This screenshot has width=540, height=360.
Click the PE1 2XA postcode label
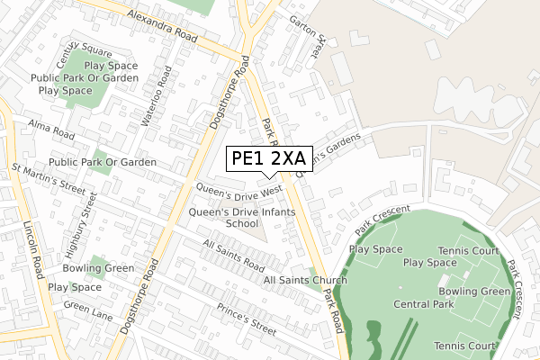[268, 159]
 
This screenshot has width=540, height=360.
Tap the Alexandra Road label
[162, 25]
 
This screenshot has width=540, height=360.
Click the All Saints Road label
[233, 256]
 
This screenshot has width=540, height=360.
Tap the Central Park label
[423, 304]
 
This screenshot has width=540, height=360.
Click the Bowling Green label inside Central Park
[474, 292]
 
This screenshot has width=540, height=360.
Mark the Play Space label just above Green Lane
[75, 287]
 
